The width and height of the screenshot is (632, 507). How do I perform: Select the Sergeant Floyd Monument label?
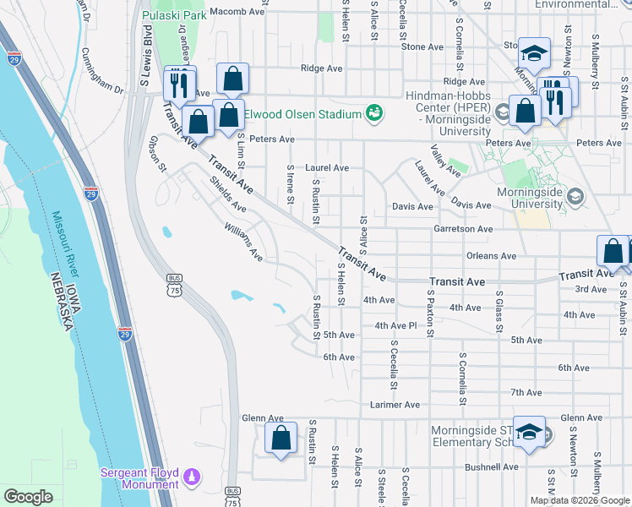click(x=139, y=478)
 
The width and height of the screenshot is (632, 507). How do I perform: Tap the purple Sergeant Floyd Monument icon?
click(x=192, y=477)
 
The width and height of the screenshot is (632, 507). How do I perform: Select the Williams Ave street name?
click(x=243, y=242)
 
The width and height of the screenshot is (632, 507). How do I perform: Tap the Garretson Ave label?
click(x=463, y=228)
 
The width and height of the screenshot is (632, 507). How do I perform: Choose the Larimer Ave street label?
click(x=395, y=405)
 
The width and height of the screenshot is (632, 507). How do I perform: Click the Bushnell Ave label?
click(x=491, y=466)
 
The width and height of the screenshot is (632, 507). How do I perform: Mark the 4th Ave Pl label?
click(x=396, y=325)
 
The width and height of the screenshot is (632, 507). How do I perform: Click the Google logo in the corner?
click(x=28, y=497)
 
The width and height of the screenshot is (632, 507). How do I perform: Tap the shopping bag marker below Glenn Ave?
click(x=281, y=439)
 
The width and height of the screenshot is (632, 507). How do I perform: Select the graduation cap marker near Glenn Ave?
click(x=529, y=433)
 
